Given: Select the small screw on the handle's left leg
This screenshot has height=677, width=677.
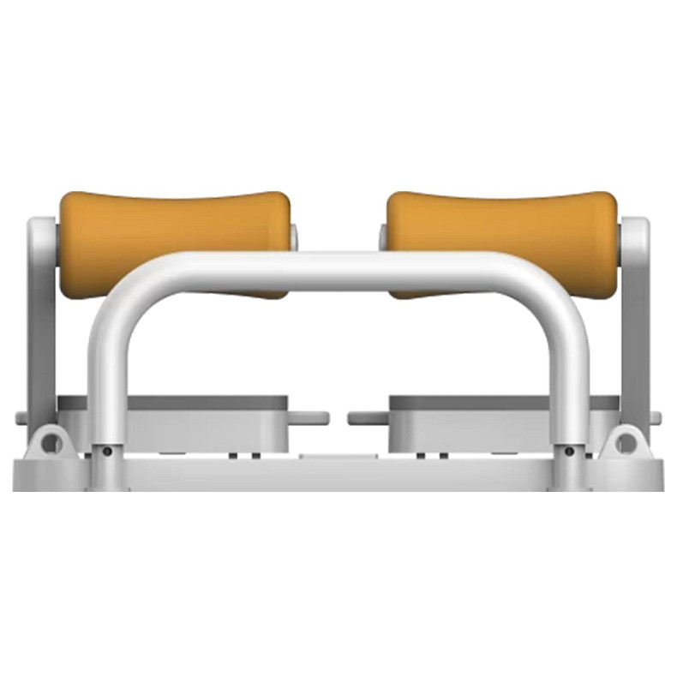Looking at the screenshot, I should (x=106, y=451).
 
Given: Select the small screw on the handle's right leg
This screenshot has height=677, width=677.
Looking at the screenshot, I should (x=570, y=451).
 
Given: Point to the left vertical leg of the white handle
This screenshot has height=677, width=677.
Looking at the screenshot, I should (x=107, y=377).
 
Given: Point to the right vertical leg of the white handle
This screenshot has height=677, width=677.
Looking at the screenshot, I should (x=569, y=377).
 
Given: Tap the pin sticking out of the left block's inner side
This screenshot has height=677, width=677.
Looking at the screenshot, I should (x=309, y=418).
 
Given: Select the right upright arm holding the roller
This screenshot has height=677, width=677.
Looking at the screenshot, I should (x=636, y=326).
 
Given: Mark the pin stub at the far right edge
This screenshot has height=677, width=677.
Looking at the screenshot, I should (x=656, y=418).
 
